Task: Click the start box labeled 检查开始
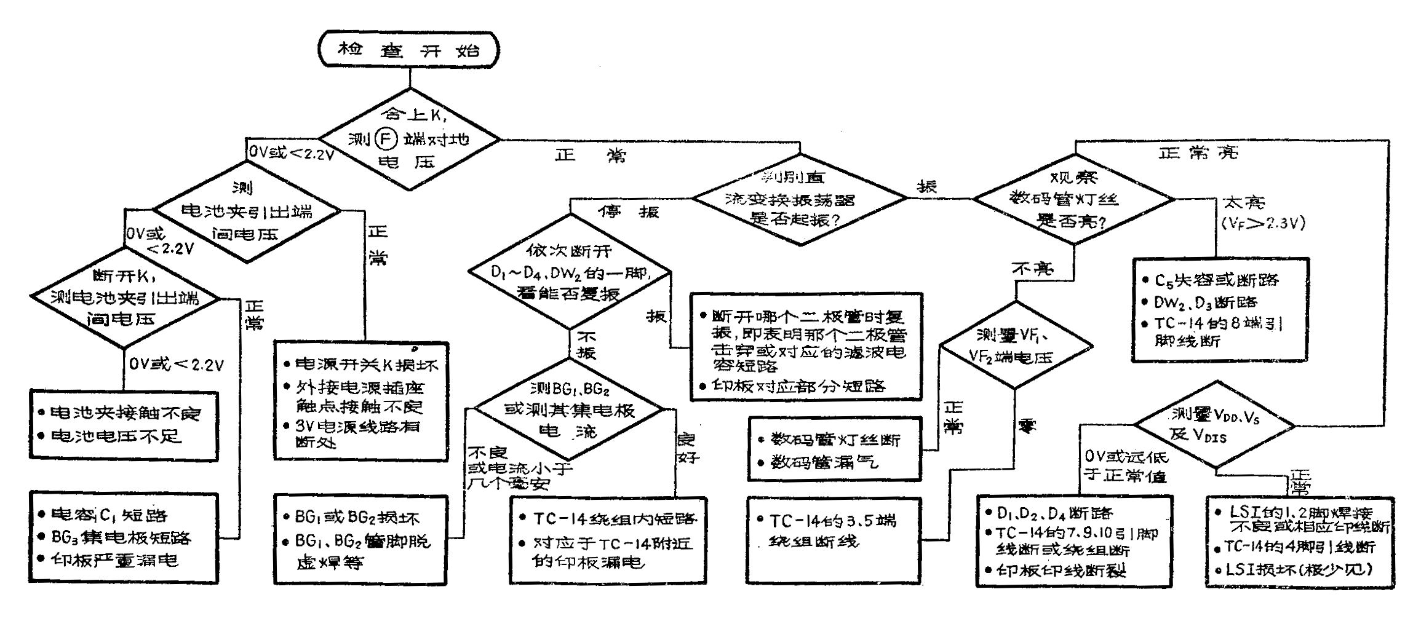point(408,50)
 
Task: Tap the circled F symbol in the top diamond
point(386,140)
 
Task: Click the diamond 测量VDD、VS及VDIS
point(1214,425)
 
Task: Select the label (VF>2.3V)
point(1263,223)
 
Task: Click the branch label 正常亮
point(1197,152)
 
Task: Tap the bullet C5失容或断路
point(1216,280)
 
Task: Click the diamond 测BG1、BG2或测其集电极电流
point(570,409)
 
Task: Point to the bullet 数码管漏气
point(824,462)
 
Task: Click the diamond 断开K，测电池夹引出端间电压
point(125,298)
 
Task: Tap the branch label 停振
point(628,212)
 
